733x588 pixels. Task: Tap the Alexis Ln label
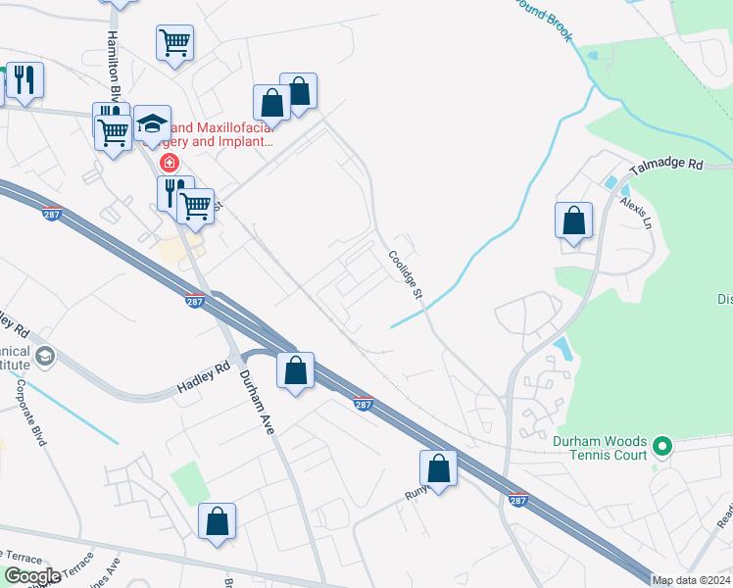[634, 213]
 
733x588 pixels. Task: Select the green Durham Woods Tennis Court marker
[662, 448]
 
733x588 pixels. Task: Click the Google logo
[32, 576]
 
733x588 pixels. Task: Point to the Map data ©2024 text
[690, 580]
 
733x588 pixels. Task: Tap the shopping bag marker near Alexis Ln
[573, 221]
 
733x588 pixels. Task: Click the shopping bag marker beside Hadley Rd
[295, 370]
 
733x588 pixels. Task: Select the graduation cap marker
[152, 123]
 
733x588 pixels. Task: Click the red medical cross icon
[170, 162]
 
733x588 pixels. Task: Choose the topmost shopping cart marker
[174, 42]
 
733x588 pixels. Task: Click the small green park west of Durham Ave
[190, 484]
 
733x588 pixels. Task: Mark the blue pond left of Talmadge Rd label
[612, 182]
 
